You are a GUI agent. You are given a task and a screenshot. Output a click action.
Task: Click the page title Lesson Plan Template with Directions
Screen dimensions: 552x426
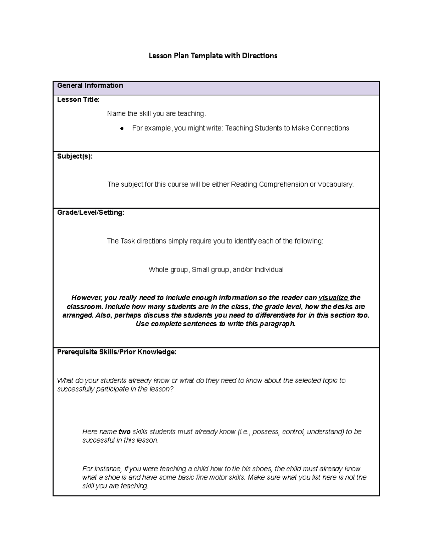(213, 56)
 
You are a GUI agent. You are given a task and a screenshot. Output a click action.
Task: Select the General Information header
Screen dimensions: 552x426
(90, 86)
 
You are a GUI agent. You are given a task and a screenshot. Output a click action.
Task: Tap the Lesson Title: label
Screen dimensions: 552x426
(78, 100)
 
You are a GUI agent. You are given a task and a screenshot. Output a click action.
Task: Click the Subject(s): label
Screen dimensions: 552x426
(75, 156)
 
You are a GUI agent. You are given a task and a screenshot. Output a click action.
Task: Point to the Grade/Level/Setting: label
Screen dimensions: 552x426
(91, 213)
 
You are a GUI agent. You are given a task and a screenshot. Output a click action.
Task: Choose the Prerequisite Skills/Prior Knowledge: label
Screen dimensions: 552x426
(117, 352)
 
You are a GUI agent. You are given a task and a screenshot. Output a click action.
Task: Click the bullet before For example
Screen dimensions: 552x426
(122, 129)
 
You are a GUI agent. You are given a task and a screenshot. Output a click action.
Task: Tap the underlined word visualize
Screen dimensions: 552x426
(333, 298)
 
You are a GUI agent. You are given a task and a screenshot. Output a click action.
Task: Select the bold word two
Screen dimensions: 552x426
(124, 432)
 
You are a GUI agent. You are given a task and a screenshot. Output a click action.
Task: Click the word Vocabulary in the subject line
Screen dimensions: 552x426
(335, 184)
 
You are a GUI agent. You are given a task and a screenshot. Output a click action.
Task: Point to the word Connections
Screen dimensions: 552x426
(330, 128)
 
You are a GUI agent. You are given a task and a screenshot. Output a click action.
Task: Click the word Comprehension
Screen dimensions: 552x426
(283, 184)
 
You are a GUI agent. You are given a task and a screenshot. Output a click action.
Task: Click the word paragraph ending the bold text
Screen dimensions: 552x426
(277, 324)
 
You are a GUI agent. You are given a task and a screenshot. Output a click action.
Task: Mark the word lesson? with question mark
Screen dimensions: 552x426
(161, 389)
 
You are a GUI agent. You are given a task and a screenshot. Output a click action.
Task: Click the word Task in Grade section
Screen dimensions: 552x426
(128, 241)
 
